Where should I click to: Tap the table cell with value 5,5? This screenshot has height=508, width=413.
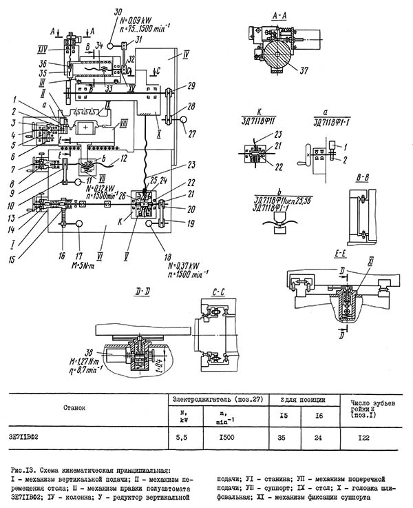[x=180, y=437]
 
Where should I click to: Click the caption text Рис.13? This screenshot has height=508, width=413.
[x=22, y=469]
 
